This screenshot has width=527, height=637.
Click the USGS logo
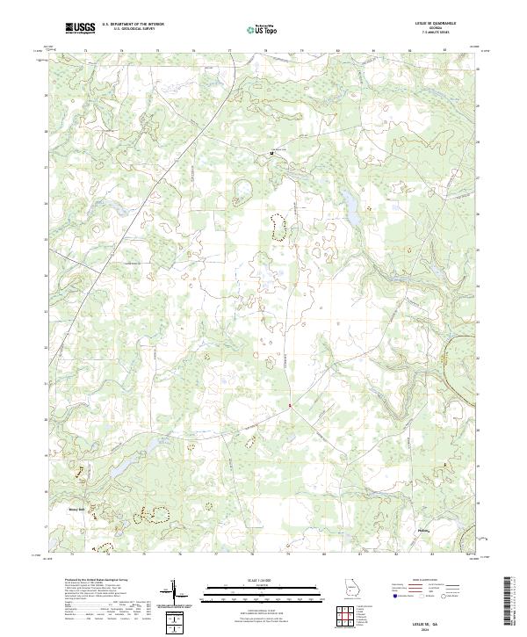point(80,28)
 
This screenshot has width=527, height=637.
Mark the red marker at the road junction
point(291,405)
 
